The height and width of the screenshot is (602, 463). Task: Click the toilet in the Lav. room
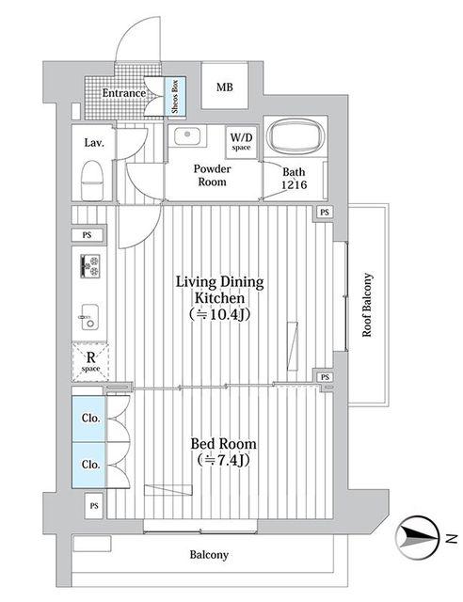[x=92, y=180]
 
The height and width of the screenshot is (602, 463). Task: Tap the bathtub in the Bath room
[x=295, y=136]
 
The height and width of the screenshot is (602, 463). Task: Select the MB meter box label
[x=224, y=87]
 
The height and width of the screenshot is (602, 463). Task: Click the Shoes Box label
[x=175, y=96]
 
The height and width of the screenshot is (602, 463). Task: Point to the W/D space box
[x=241, y=142]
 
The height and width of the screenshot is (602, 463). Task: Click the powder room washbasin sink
[x=186, y=135]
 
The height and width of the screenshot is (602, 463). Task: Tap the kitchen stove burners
[x=90, y=265]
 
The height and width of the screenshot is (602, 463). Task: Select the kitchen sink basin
[x=89, y=317]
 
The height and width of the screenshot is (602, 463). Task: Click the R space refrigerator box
[x=90, y=361]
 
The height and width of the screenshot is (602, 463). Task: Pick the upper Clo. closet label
[x=91, y=418]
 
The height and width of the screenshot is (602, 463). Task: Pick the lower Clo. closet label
[x=91, y=464]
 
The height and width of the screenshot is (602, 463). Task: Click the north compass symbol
[x=418, y=538]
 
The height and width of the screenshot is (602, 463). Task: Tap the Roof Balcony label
[x=367, y=305]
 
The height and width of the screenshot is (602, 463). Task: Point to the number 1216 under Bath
[x=295, y=184]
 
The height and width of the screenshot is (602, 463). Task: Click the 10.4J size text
[x=219, y=314]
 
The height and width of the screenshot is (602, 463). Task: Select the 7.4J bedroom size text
[x=224, y=459]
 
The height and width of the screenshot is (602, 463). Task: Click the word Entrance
[x=123, y=93]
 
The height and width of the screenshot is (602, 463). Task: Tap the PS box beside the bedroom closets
[x=94, y=506]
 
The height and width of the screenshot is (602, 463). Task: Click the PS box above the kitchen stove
[x=88, y=235]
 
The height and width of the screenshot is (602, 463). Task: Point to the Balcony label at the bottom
[x=209, y=555]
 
